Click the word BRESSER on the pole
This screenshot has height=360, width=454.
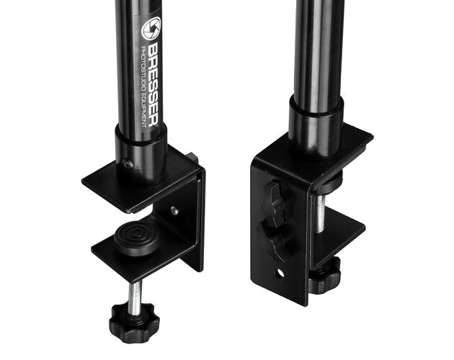[x=153, y=84]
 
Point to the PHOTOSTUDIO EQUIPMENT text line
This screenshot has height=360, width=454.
[x=143, y=86]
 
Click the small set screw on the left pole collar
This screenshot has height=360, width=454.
[x=128, y=164]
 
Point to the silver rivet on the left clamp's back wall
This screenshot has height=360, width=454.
[x=174, y=210]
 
